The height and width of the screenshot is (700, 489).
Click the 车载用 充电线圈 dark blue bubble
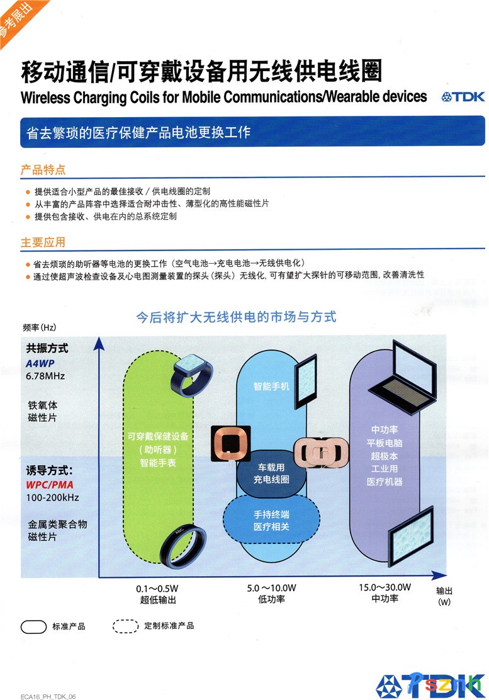pyautogui.click(x=271, y=473)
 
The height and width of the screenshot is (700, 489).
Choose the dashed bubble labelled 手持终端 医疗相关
pyautogui.click(x=271, y=520)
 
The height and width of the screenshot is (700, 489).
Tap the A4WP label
pyautogui.click(x=41, y=363)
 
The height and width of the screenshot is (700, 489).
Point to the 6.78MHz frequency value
pyautogui.click(x=45, y=376)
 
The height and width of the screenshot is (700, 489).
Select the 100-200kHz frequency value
pyautogui.click(x=52, y=498)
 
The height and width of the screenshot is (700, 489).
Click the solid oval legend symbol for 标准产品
pyautogui.click(x=33, y=626)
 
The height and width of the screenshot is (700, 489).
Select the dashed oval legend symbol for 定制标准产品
pyautogui.click(x=125, y=626)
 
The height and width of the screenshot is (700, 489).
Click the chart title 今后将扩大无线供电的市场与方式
pyautogui.click(x=237, y=316)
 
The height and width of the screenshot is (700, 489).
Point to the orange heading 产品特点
pyautogui.click(x=43, y=170)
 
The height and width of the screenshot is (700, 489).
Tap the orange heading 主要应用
pyautogui.click(x=43, y=242)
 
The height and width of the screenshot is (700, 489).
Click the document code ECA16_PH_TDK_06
pyautogui.click(x=48, y=696)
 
